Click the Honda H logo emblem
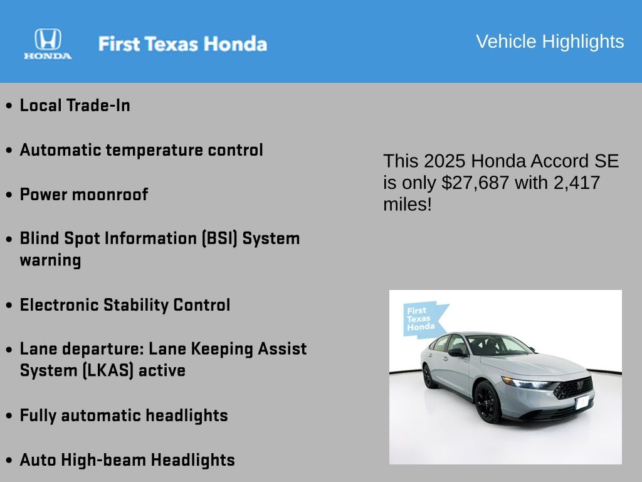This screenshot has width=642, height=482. coord(48,40)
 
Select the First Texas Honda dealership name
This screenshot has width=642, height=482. coord(182,44)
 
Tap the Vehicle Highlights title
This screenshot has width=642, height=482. coord(550,41)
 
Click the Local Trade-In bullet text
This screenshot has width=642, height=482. coord(75,105)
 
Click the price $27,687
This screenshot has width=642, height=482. coord(475,183)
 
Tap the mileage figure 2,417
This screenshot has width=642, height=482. coord(577,183)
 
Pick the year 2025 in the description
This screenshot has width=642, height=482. coord(445,161)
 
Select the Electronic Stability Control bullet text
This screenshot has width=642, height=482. coord(125,305)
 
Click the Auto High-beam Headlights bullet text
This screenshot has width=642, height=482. coord(127,460)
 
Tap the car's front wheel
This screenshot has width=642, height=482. coord(488,402)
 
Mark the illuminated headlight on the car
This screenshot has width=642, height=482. coord(527,383)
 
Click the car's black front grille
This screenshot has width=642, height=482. coord(573,388)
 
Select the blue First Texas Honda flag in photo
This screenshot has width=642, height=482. coord(423,319)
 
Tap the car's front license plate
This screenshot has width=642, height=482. coord(582,402)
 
